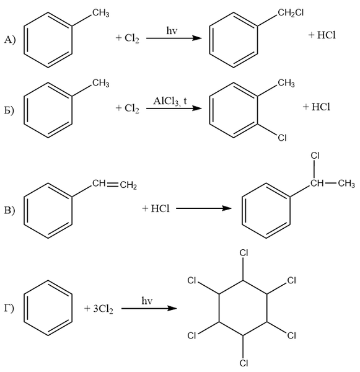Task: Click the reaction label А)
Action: click(10, 40)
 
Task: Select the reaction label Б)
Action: click(9, 110)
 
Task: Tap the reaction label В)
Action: click(9, 210)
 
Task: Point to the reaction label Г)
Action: click(9, 308)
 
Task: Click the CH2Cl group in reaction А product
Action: click(291, 13)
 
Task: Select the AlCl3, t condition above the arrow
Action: click(170, 101)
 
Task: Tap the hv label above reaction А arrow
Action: click(172, 30)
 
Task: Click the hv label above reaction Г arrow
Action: click(147, 301)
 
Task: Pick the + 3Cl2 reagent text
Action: click(99, 309)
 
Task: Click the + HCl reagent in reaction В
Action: click(156, 208)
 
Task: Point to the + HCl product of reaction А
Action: click(322, 35)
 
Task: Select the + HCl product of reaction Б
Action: click(317, 107)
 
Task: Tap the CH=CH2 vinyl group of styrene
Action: click(115, 185)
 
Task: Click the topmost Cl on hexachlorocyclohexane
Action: click(244, 253)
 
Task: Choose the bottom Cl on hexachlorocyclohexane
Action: click(244, 363)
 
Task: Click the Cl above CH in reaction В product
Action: click(315, 156)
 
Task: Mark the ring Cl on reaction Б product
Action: click(282, 138)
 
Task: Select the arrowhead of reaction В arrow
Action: click(227, 208)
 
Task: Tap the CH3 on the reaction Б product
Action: click(286, 84)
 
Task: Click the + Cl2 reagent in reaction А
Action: click(128, 38)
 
